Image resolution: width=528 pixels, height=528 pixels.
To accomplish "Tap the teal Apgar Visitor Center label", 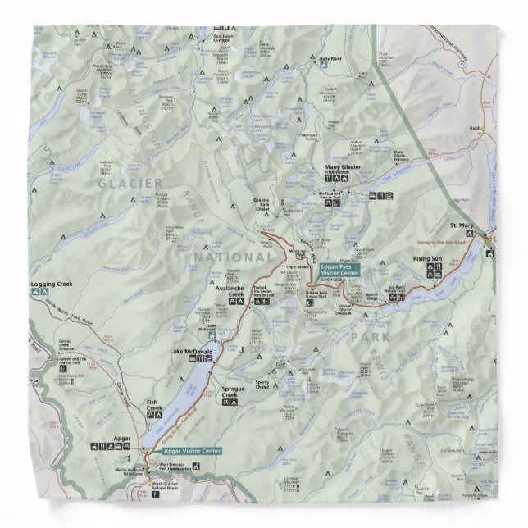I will click(x=192, y=452).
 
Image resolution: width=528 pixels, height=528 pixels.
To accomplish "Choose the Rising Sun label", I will click(x=427, y=260).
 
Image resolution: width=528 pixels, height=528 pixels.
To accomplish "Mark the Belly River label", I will click(x=330, y=59).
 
